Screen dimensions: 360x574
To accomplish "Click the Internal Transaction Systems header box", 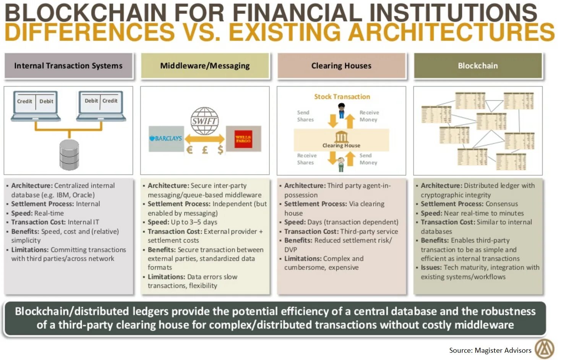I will click(x=68, y=66).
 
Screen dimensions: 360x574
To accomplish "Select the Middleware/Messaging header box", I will click(x=205, y=66).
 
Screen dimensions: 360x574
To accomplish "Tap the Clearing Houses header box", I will click(x=341, y=66).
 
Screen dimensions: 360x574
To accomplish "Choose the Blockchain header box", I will click(x=478, y=66).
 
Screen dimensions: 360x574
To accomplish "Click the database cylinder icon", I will click(x=69, y=154).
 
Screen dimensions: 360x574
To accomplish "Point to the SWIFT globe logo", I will click(x=205, y=121).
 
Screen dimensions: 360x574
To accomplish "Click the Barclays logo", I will click(x=166, y=138).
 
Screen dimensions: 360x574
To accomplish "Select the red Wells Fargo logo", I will click(x=243, y=139).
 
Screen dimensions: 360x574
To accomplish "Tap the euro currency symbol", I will click(x=189, y=150).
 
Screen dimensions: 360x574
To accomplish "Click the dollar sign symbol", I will click(x=221, y=150).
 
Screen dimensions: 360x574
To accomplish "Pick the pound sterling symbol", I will click(x=205, y=150).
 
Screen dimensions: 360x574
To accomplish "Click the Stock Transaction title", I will click(x=342, y=97).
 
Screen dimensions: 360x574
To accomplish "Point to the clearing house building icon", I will click(x=341, y=137).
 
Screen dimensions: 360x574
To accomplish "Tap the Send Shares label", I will click(x=305, y=116).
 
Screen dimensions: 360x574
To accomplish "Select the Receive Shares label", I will click(x=306, y=159).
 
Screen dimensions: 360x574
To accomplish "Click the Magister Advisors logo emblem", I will click(x=544, y=349).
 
